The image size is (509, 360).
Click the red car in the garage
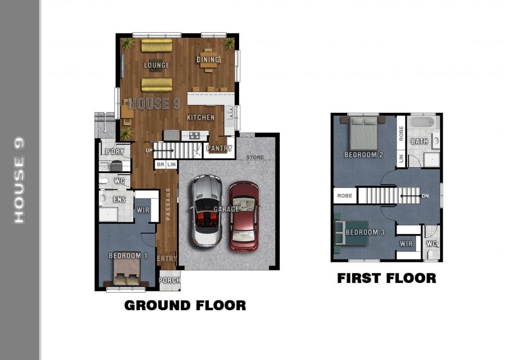pyautogui.click(x=244, y=216)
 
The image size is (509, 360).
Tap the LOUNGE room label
pyautogui.click(x=157, y=65)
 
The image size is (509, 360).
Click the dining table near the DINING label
pyautogui.click(x=208, y=60)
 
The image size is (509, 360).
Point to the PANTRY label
pyautogui.click(x=219, y=148)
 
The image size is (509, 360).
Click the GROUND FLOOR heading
pyautogui.click(x=185, y=305)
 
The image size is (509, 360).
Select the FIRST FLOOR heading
pyautogui.click(x=387, y=278)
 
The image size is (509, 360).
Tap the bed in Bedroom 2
pyautogui.click(x=363, y=133)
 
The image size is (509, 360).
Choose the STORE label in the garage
pyautogui.click(x=255, y=157)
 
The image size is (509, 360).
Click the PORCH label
pyautogui.click(x=170, y=280)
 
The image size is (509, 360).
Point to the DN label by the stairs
pyautogui.click(x=425, y=196)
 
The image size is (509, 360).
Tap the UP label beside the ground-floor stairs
pyautogui.click(x=149, y=151)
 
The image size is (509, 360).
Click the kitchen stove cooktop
pyautogui.click(x=194, y=135)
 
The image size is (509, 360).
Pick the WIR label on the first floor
pyautogui.click(x=406, y=244)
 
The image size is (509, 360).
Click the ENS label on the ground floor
pyautogui.click(x=119, y=199)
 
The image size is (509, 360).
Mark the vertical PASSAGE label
pyautogui.click(x=168, y=204)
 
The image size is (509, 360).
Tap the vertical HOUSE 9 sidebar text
pyautogui.click(x=19, y=180)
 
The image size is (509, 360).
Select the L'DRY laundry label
pyautogui.click(x=115, y=152)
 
